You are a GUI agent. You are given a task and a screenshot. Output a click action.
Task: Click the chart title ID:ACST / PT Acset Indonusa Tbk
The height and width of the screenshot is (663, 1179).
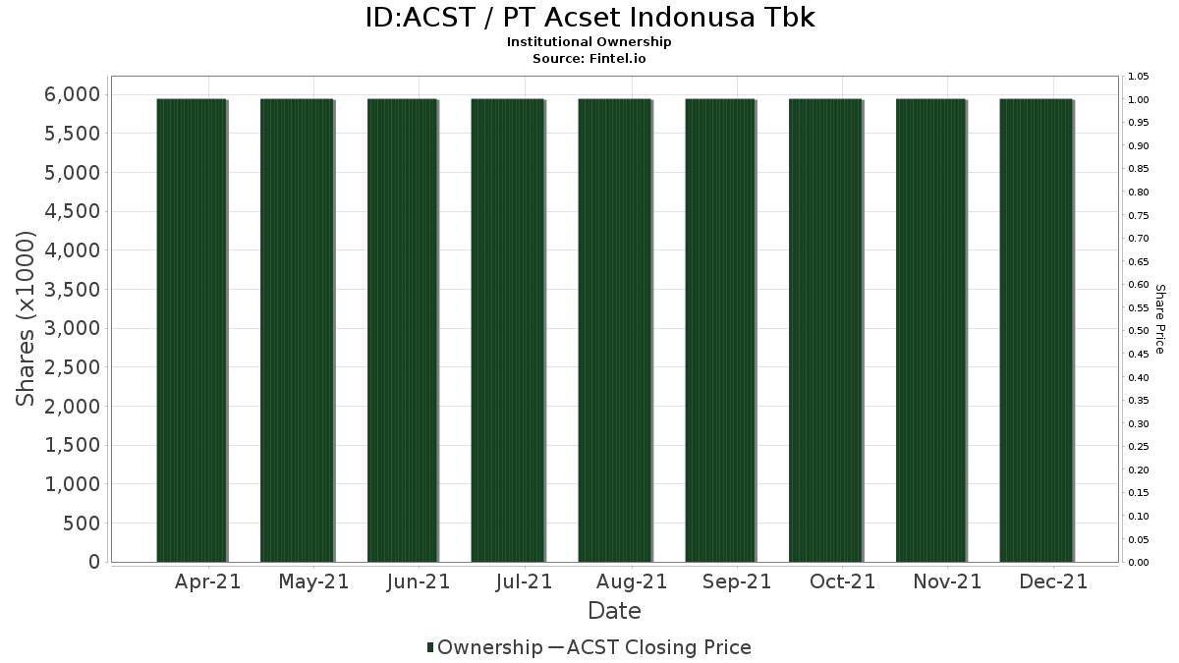pos(589,18)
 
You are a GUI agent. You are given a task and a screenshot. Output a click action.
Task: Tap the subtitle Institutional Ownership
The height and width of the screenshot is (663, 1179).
pos(589,42)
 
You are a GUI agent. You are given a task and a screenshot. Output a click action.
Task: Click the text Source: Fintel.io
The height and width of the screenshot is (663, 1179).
pos(589,58)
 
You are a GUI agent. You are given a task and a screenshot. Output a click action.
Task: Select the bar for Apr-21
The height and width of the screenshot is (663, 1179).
pos(192,330)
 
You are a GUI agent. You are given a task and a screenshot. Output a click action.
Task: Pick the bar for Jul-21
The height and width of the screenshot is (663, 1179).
pos(507,330)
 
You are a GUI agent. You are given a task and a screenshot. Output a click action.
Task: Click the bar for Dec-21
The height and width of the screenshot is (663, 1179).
pos(1036,330)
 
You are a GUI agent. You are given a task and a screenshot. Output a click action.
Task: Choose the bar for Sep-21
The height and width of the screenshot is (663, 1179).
pos(720,330)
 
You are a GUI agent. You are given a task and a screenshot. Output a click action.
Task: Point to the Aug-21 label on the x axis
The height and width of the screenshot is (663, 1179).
pos(632,581)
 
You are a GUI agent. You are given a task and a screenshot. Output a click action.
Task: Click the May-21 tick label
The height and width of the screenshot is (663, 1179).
pos(313,581)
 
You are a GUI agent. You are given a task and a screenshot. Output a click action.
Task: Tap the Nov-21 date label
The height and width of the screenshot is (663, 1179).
pos(947,581)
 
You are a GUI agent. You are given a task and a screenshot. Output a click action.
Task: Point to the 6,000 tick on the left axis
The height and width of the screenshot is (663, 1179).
pos(72,94)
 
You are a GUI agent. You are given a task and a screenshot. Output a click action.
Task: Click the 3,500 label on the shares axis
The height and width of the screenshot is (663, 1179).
pos(72,290)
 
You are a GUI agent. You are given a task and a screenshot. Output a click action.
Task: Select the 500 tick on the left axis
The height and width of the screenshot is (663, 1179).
pos(81,524)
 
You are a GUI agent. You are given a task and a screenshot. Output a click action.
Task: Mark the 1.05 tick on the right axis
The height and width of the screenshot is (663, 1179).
pos(1139,77)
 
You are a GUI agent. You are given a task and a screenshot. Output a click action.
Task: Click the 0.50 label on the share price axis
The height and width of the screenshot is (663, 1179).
pos(1139,331)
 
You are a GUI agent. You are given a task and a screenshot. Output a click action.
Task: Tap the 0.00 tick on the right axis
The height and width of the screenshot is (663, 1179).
pos(1139,563)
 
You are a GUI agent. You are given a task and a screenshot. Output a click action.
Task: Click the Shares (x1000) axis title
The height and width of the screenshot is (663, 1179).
pos(25,319)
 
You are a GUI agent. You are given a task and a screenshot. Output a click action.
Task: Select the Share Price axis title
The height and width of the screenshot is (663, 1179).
pos(1160,319)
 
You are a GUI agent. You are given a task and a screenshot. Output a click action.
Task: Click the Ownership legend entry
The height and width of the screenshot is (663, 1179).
pos(484,647)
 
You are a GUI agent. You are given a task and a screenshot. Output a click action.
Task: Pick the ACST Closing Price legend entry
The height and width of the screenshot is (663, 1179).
pos(650,647)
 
